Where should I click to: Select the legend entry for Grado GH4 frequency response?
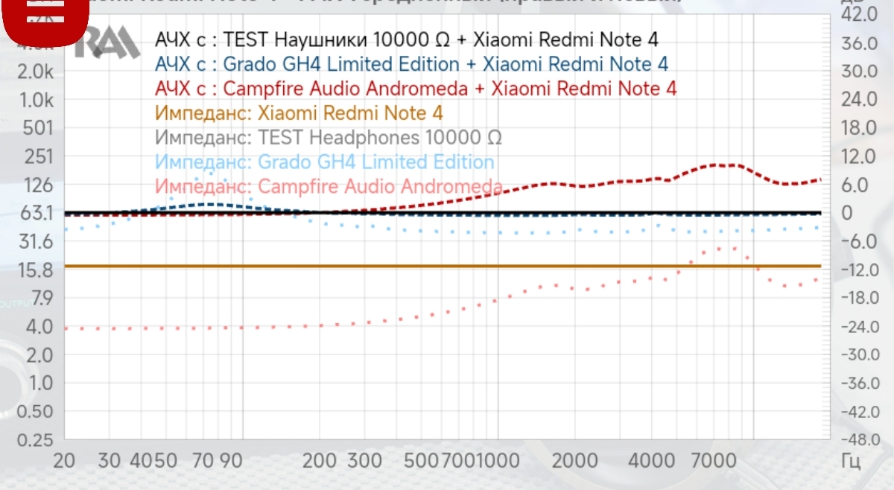(x=411, y=64)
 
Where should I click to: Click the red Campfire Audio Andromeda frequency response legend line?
(x=416, y=89)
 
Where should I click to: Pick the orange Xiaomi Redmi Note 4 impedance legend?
(x=299, y=113)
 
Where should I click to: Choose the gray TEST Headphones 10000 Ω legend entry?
(x=329, y=138)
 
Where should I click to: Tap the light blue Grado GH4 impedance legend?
(x=325, y=162)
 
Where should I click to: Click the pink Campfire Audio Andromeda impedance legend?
(x=329, y=185)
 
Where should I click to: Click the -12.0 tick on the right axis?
(x=857, y=270)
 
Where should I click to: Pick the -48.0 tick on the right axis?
(x=857, y=439)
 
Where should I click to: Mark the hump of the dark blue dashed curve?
(x=209, y=203)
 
